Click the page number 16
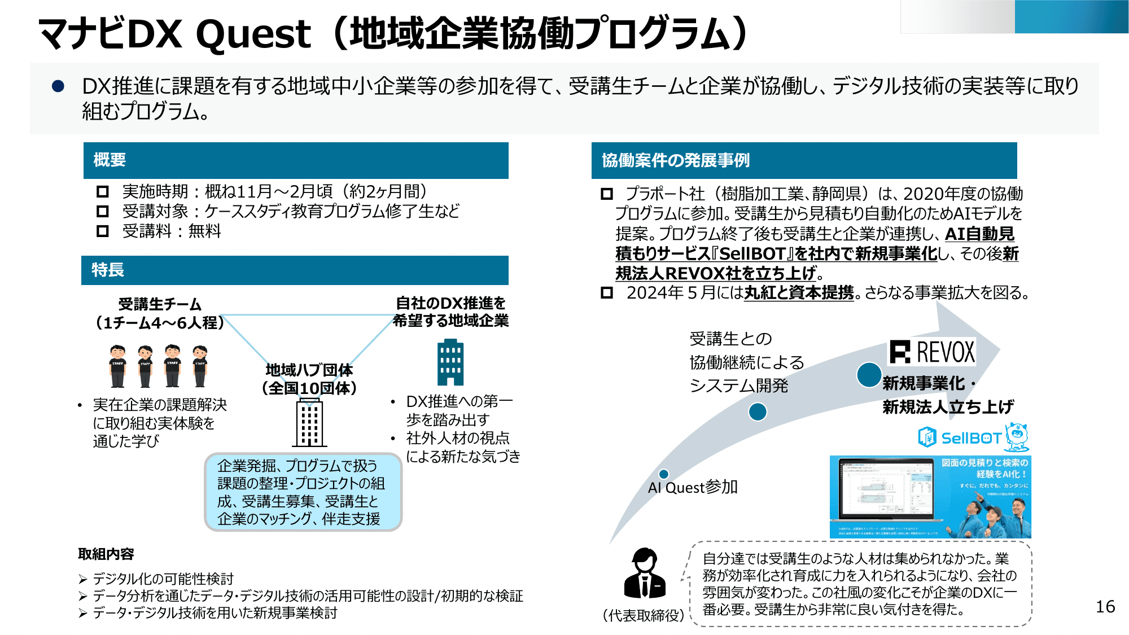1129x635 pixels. [1105, 607]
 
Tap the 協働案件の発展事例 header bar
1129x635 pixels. [804, 161]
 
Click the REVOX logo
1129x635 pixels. [932, 352]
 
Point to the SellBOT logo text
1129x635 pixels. [970, 438]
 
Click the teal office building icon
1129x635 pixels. [450, 362]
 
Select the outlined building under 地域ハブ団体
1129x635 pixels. [310, 423]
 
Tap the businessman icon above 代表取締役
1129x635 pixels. [645, 573]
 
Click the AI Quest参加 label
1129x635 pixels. [693, 488]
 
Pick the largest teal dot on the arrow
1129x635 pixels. [869, 375]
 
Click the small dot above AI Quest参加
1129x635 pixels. [664, 474]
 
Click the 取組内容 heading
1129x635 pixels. [106, 554]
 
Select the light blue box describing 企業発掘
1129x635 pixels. [303, 492]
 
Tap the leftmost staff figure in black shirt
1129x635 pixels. [117, 366]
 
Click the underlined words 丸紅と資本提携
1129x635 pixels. [798, 293]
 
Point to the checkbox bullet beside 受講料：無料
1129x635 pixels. [102, 231]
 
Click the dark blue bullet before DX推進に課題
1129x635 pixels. [58, 86]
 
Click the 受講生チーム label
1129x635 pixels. [160, 305]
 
